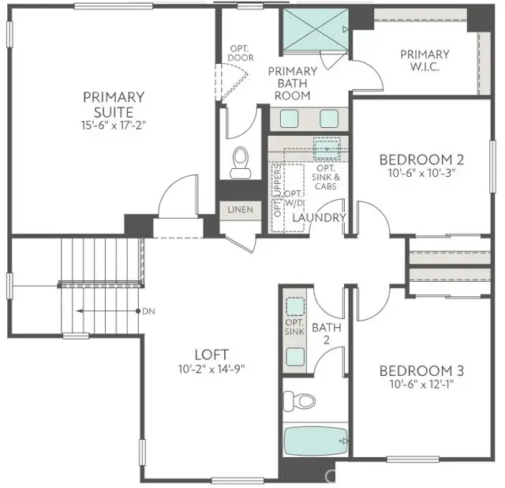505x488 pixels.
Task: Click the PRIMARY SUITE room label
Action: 114,103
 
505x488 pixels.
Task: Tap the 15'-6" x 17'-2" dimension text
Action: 114,125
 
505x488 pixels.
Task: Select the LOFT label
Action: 211,354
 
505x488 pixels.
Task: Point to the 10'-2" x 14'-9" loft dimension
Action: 211,368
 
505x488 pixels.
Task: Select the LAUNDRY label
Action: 319,218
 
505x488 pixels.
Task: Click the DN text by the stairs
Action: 148,311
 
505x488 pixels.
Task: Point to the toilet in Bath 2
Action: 297,400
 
